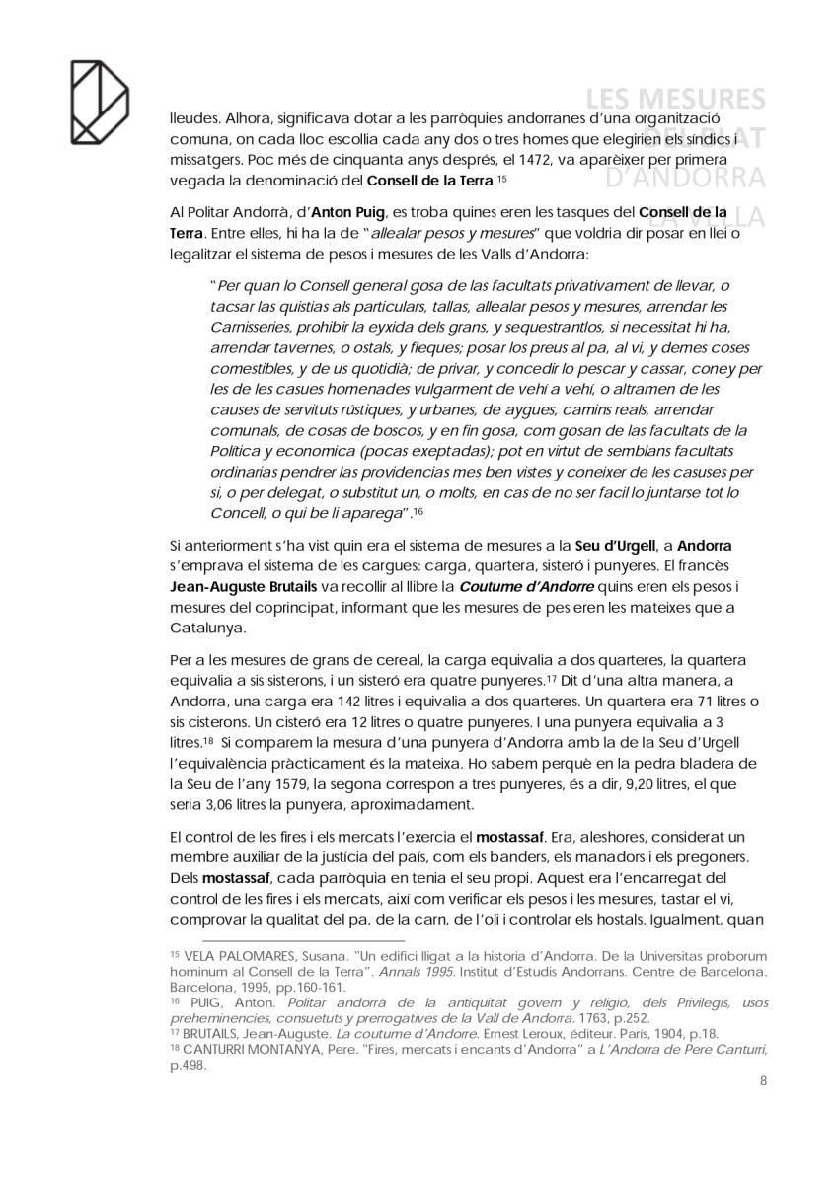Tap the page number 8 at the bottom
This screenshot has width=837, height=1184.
coord(763,1080)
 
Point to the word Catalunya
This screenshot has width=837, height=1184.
coord(204,627)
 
